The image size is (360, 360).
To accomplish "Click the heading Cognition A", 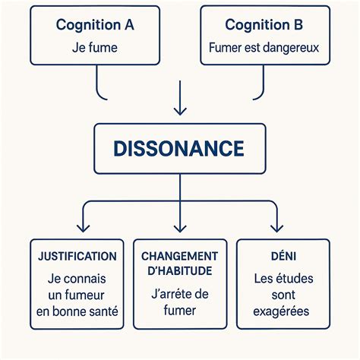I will point(95,24).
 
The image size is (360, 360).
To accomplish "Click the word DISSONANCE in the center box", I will point(179,147).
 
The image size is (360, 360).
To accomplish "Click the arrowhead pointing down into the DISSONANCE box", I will point(179,112).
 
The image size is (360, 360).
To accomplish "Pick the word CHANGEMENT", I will point(180,256).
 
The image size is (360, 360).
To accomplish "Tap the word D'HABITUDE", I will point(180,271).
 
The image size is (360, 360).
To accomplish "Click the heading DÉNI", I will point(283,257).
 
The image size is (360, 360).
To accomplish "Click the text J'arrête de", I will point(180,295).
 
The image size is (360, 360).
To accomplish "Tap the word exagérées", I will point(283,311).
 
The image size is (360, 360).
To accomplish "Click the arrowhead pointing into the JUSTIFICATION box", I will point(83,227).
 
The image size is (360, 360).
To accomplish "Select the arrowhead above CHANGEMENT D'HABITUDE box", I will point(179,227).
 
